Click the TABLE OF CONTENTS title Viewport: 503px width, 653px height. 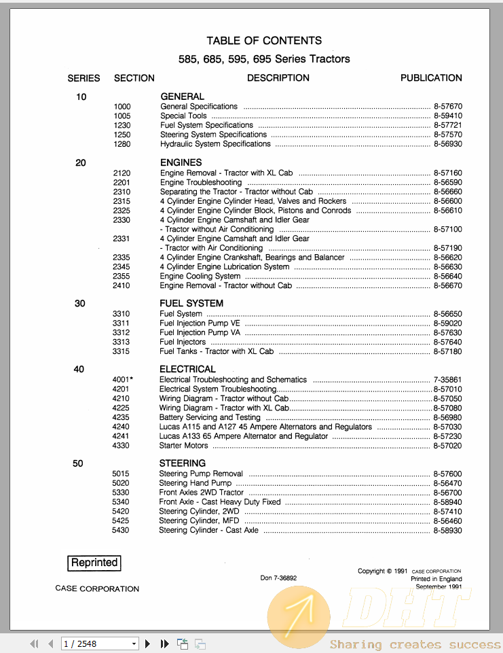[264, 41]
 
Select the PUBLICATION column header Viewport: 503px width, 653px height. [431, 78]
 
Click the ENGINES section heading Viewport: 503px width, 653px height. [181, 162]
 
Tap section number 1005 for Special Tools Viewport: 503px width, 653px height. [122, 116]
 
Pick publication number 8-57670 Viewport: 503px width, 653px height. [447, 107]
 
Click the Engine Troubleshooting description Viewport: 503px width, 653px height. [201, 183]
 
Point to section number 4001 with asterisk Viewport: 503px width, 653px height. [123, 380]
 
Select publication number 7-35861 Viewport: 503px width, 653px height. [447, 380]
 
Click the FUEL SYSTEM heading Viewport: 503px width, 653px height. [191, 303]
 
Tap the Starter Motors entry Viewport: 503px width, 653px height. [184, 446]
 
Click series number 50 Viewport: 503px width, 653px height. [78, 463]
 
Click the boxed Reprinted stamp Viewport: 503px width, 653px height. [94, 563]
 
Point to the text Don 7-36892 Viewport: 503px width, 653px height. [278, 578]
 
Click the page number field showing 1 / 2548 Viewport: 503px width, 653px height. [99, 643]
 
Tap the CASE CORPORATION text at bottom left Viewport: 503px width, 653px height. [97, 589]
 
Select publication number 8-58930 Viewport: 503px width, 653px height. [447, 530]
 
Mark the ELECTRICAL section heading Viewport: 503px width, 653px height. [187, 369]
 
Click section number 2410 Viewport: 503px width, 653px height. [122, 286]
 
